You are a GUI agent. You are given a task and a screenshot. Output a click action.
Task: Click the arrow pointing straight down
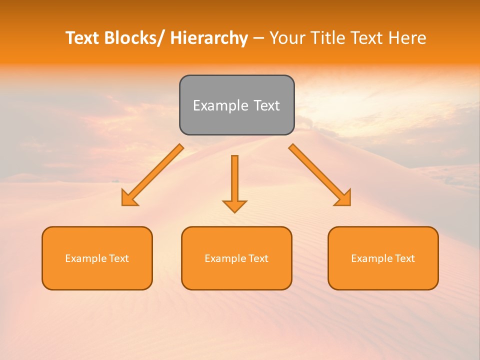(234, 182)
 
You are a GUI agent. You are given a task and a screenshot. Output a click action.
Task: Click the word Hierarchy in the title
(209, 38)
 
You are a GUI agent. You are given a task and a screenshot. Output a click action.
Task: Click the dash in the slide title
(258, 38)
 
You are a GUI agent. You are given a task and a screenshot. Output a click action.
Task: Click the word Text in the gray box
(266, 105)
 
